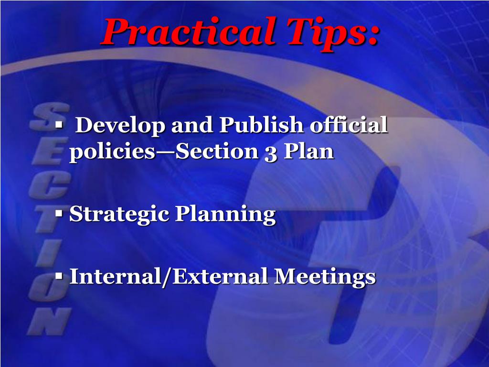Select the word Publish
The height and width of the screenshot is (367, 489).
point(262,125)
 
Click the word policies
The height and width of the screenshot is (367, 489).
point(112,152)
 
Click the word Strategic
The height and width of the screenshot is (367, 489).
point(119,215)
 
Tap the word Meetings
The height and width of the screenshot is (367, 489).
point(325,277)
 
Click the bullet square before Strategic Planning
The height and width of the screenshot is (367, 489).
point(59,214)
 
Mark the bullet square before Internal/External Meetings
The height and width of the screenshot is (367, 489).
point(59,276)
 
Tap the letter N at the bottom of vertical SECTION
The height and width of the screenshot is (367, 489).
point(49,321)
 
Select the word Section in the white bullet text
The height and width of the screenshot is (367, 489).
point(217,151)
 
